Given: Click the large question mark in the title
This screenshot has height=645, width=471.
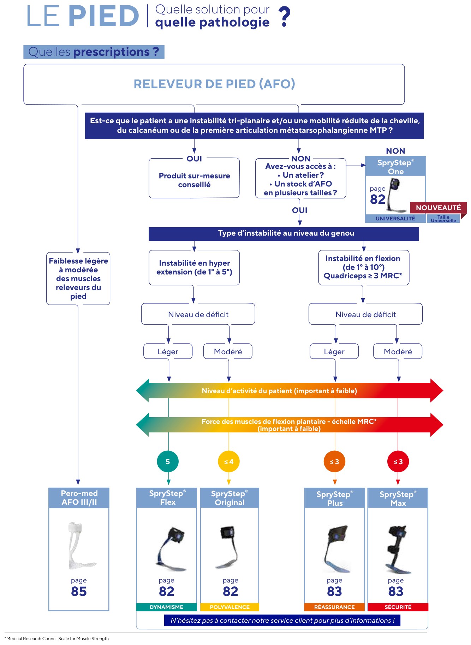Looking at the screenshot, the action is coord(284,17).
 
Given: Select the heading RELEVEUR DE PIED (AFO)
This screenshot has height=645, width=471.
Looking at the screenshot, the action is coord(214,84).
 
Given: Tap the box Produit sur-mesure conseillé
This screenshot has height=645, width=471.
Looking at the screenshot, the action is coord(194,178).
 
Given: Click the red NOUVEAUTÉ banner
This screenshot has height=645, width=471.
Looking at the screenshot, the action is coord(438,208).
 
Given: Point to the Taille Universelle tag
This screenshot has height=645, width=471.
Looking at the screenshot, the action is coord(443,219).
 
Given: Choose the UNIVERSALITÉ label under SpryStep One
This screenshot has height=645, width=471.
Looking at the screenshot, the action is coord(395,219).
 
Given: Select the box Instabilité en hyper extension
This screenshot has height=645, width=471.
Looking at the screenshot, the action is coord(194,268).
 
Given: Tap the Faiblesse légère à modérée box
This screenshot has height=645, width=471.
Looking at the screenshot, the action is coord(78,278).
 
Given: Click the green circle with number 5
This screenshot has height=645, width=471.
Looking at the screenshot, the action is coord(168,462).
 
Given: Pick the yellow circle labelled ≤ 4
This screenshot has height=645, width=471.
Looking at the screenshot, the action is coord(229,462).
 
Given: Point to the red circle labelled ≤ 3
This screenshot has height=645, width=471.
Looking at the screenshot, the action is coord(398,462).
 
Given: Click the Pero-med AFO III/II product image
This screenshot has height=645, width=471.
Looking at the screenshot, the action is coord(79,545).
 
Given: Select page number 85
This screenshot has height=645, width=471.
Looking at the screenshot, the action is coord(79,591).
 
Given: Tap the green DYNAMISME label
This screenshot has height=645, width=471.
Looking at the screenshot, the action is coord(166,607).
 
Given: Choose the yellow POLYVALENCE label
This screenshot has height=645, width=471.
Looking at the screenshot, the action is coord(229,607).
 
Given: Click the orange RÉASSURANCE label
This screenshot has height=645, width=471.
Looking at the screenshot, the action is coord(334,607).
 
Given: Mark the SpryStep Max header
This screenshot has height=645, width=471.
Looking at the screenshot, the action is coord(398,498).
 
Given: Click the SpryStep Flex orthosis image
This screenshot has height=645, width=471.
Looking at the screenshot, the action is coord(171,549).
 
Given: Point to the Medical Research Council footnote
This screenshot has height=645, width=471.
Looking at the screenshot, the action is coord(57,639).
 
